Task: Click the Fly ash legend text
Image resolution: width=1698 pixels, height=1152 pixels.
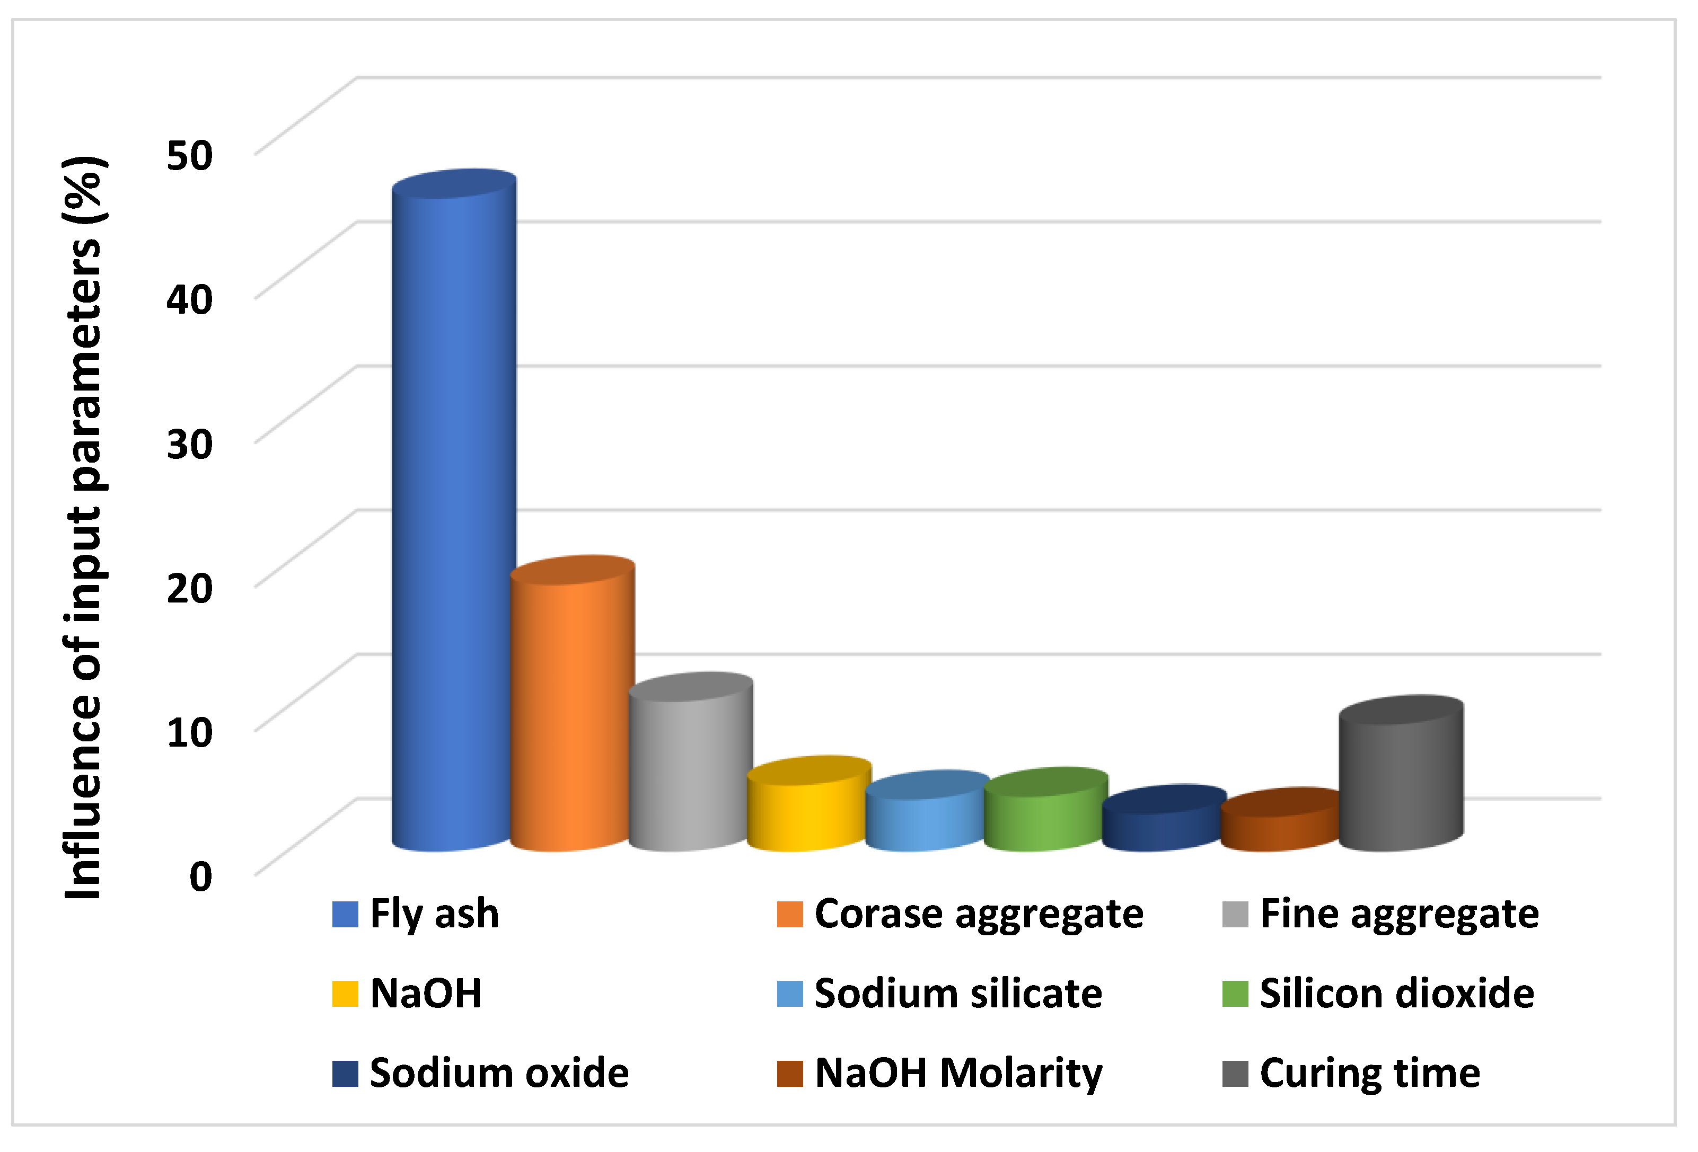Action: [x=434, y=914]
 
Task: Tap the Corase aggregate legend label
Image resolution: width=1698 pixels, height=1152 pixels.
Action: [x=978, y=915]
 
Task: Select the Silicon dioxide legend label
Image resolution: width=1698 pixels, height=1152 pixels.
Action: [x=1396, y=994]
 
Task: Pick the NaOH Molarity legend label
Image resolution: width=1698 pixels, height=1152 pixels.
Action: [x=958, y=1073]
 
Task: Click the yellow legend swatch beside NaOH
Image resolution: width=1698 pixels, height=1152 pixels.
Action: [x=345, y=994]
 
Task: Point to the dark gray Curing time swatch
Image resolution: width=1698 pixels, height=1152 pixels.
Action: [x=1235, y=1073]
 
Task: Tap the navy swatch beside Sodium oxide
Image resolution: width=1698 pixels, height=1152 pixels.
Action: [x=345, y=1073]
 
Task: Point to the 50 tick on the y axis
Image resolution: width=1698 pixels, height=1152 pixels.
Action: [x=189, y=155]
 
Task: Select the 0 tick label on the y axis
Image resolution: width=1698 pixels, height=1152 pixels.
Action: [x=200, y=876]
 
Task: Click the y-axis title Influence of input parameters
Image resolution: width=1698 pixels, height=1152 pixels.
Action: [x=84, y=526]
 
